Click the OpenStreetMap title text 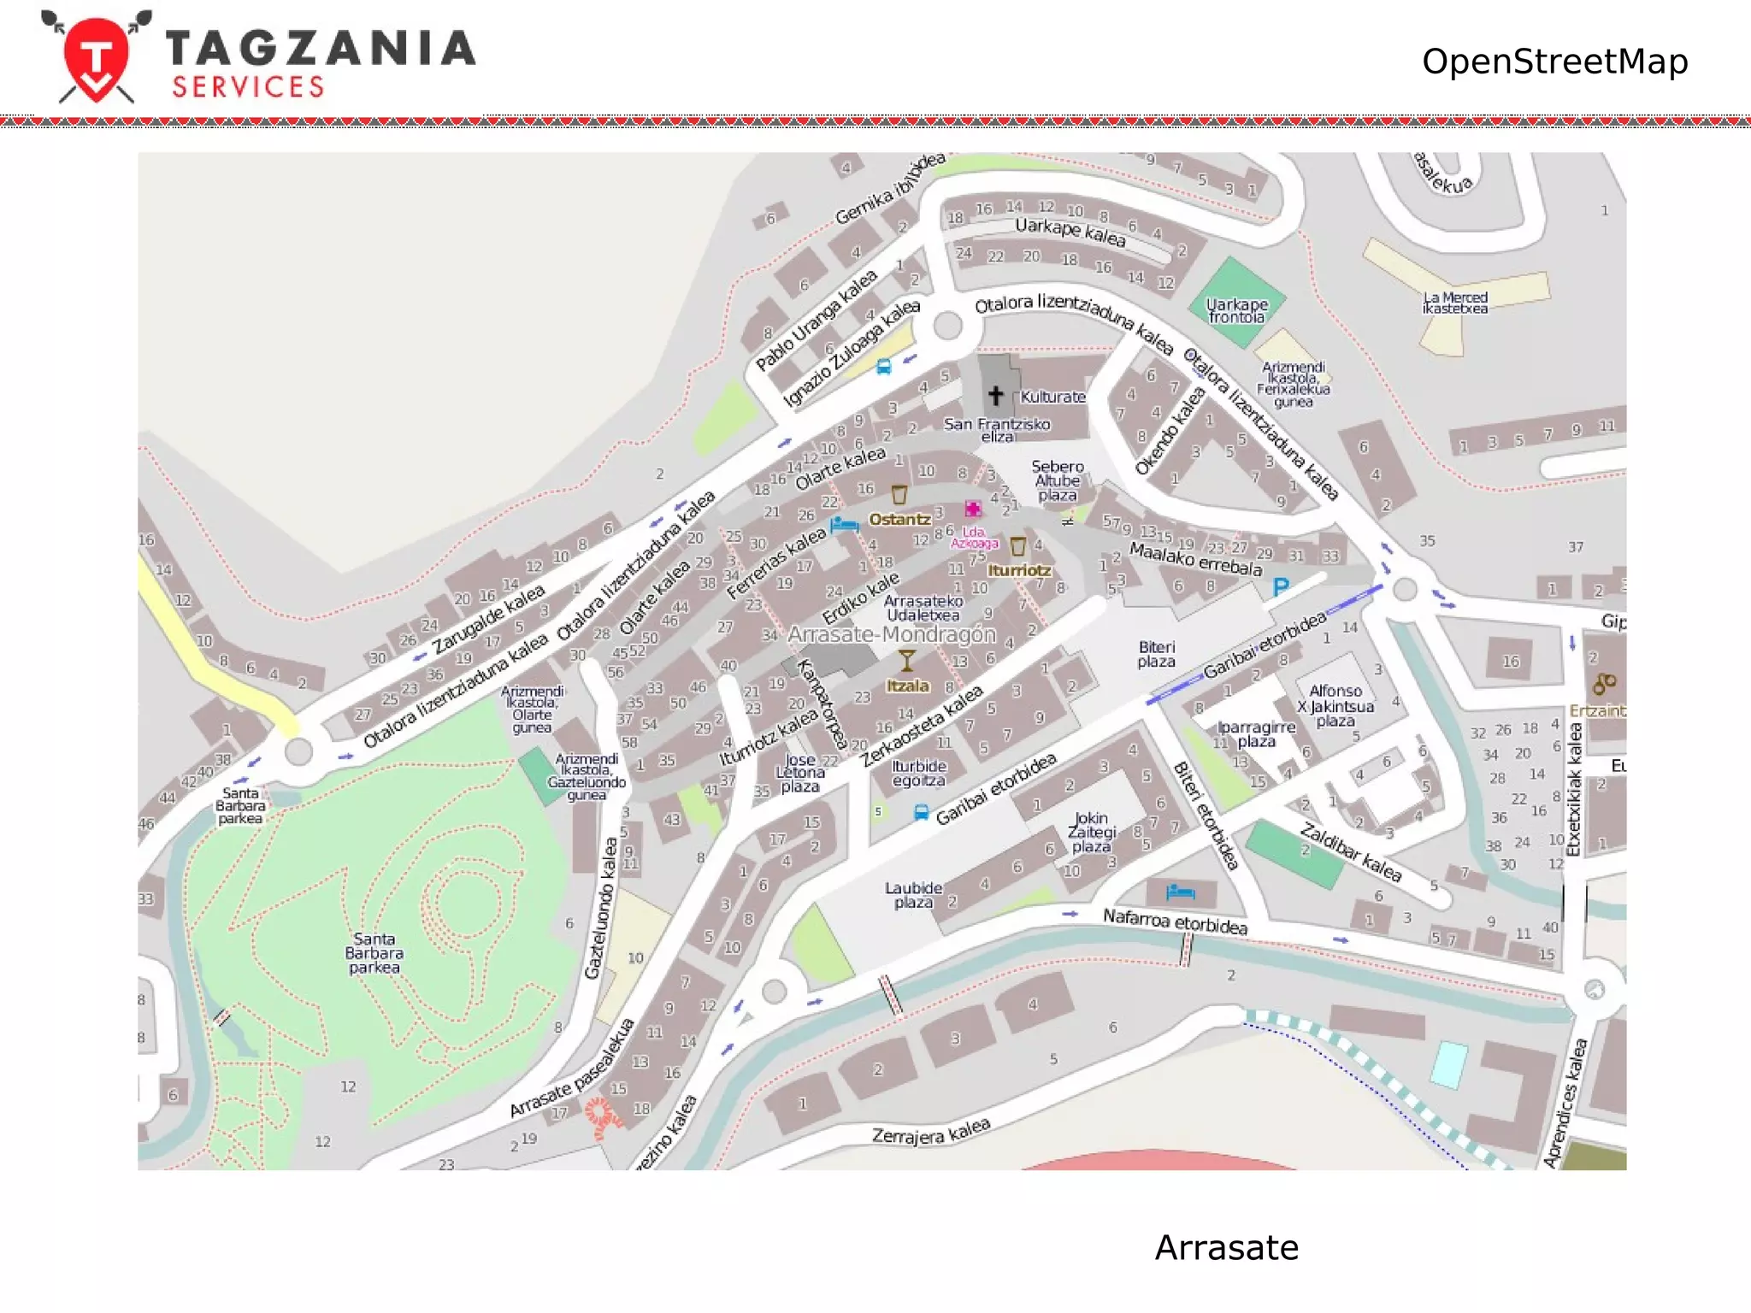coord(1554,62)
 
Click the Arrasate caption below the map coord(1226,1247)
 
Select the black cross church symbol coord(995,395)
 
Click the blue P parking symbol coord(1280,586)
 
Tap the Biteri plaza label coord(1156,654)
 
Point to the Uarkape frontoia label coord(1236,310)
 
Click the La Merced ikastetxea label coord(1454,303)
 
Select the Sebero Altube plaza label coord(1057,480)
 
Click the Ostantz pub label coord(899,519)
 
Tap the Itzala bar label coord(907,686)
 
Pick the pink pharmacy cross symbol coord(972,509)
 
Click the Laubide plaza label coord(913,895)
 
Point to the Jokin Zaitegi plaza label coord(1091,832)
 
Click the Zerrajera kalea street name coord(930,1131)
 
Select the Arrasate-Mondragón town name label coord(891,634)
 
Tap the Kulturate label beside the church coord(1052,397)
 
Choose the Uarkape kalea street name coord(1070,232)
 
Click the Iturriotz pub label coord(1019,570)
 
